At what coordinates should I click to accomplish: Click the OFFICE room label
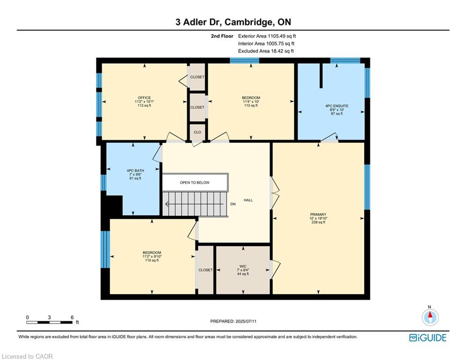click(144, 98)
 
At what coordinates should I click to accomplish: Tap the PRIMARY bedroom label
click(318, 215)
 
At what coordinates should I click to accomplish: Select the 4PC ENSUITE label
click(337, 106)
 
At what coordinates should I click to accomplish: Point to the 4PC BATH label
click(135, 171)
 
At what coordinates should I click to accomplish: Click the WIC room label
click(243, 267)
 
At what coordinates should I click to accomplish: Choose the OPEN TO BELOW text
click(195, 183)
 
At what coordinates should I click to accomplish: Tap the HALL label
click(248, 200)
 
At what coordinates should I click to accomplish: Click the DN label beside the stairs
click(233, 204)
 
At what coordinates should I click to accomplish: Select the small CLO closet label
click(197, 132)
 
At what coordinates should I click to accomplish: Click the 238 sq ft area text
click(318, 222)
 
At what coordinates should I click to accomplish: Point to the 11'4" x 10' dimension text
click(251, 101)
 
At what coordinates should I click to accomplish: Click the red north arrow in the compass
click(430, 315)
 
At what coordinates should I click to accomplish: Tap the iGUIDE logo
click(428, 337)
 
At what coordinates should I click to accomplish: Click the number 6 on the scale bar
click(72, 317)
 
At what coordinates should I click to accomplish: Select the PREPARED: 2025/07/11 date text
click(233, 321)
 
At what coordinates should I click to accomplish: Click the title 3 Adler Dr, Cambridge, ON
click(233, 22)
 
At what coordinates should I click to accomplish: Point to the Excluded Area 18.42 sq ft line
click(266, 51)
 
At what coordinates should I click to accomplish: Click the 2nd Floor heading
click(222, 36)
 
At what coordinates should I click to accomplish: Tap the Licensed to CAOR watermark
click(27, 356)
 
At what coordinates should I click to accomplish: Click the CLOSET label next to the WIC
click(206, 270)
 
